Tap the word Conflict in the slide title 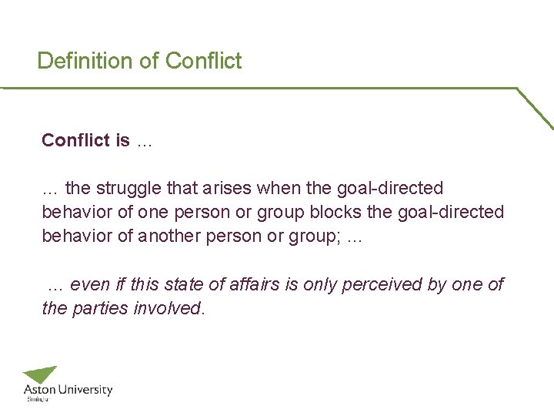point(203,61)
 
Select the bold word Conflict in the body point(75,140)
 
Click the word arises point(229,188)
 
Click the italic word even point(89,284)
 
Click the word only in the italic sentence point(319,284)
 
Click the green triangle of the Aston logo point(43,374)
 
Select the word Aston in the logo point(38,391)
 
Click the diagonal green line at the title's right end point(535,108)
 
